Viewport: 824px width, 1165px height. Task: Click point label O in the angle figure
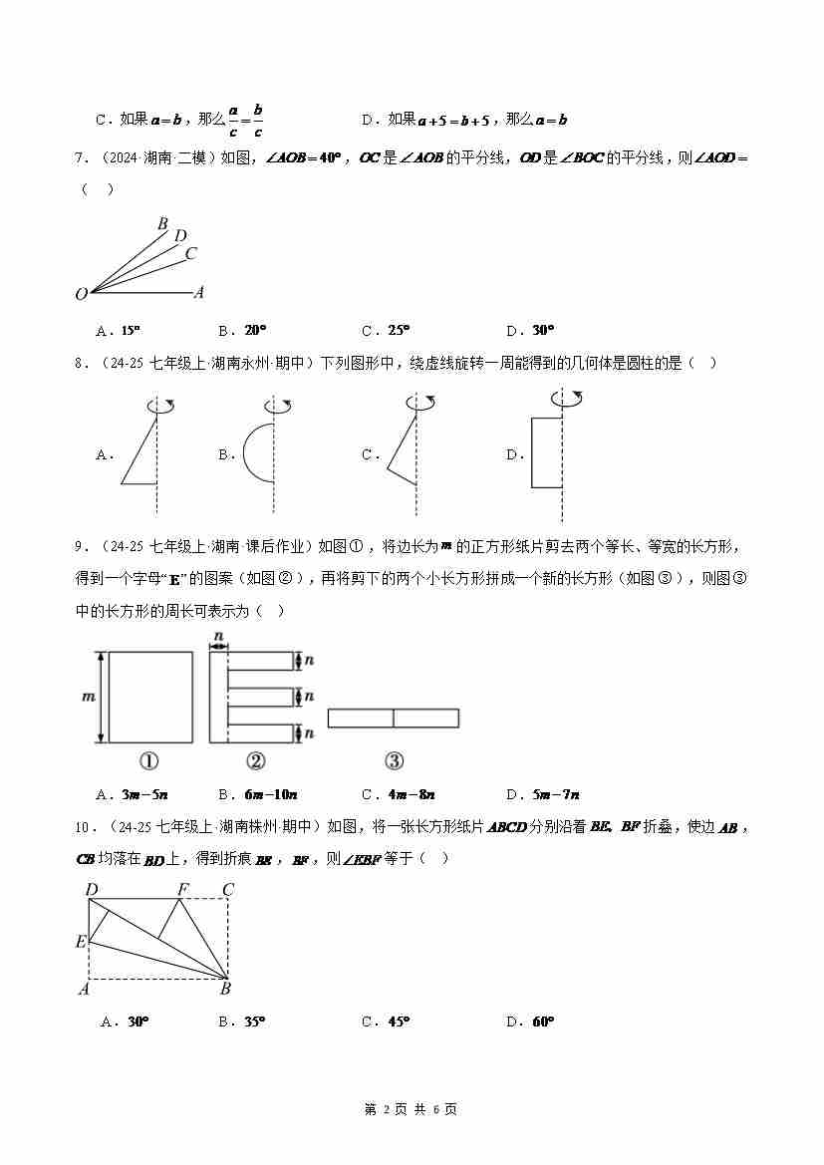click(x=81, y=294)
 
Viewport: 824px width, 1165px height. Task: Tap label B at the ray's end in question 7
click(x=162, y=224)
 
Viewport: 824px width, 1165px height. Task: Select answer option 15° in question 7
click(x=130, y=331)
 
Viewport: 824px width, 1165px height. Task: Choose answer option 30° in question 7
click(x=542, y=331)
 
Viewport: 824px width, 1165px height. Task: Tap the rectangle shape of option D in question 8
click(x=546, y=453)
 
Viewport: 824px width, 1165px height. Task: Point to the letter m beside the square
click(x=87, y=697)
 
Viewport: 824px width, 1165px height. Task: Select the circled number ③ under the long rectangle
click(x=394, y=761)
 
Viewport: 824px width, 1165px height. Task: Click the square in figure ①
click(x=150, y=697)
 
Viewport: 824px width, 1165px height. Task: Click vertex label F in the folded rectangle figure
click(x=181, y=889)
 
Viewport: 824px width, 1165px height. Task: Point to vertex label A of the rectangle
click(x=83, y=989)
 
